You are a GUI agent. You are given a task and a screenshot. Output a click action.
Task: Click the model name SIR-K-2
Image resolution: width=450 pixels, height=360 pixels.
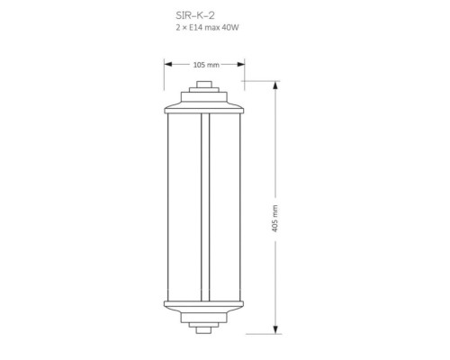195,15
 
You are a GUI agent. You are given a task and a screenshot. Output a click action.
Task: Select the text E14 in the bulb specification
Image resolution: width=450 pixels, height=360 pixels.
194,28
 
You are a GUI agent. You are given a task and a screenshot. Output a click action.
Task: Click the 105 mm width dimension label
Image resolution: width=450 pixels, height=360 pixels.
206,65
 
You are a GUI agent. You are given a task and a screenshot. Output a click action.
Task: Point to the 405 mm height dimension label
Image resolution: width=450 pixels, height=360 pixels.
274,219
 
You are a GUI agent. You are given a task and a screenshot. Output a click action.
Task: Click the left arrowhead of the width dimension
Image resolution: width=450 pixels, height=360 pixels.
168,64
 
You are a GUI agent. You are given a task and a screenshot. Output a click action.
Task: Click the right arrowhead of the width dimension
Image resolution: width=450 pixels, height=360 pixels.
240,64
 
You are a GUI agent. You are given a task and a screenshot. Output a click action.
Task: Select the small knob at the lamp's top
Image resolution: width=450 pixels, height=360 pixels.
204,85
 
